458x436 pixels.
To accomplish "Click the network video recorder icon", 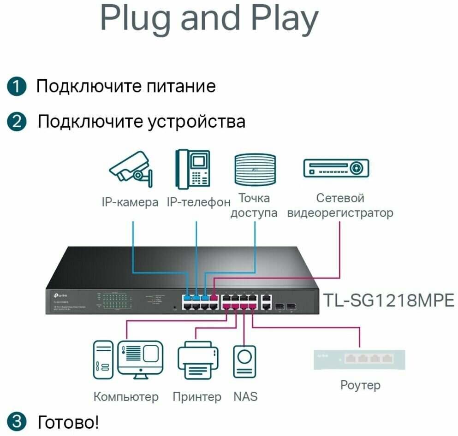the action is [336, 168].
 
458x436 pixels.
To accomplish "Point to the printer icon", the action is [197, 360].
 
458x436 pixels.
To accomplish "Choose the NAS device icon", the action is [245, 360].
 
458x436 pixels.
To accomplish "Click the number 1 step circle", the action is [17, 87].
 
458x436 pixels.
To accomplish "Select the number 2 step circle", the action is [17, 122].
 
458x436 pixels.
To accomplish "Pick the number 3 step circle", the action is [17, 421].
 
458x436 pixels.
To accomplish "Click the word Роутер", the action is [360, 385].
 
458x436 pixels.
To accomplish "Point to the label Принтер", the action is [197, 396].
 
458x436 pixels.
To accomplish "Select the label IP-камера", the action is [130, 202].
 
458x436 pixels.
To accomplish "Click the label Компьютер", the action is [126, 396].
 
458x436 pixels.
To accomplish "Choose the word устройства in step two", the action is [196, 122].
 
